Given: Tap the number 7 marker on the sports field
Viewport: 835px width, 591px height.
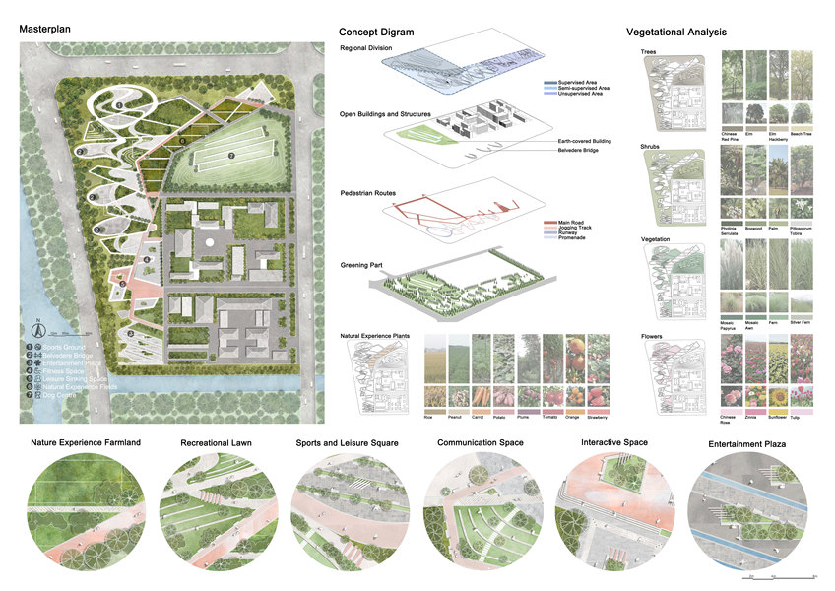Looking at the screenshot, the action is point(231,155).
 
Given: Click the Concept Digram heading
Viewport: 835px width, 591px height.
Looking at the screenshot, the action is point(376,33).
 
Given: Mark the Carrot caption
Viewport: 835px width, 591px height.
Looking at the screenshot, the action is point(480,416).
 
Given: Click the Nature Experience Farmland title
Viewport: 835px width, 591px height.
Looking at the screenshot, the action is point(86,443).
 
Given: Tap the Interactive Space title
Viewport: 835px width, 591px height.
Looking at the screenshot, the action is point(614,443).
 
